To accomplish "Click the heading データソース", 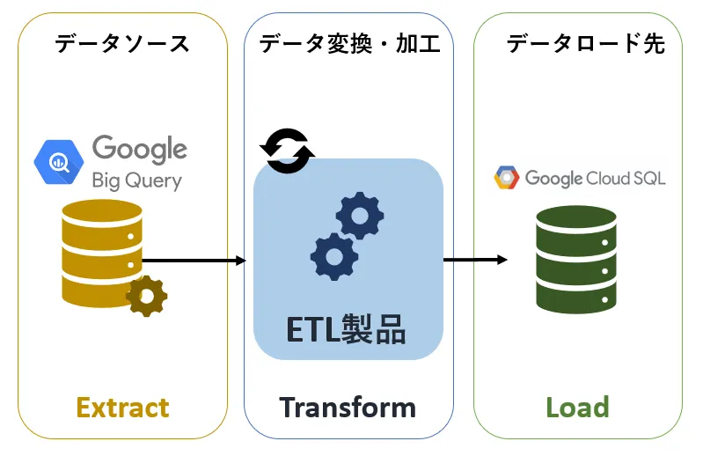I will click(x=121, y=43).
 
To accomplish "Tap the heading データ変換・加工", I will click(x=349, y=43).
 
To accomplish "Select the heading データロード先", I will click(x=585, y=43).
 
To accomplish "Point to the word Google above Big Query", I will click(x=139, y=149).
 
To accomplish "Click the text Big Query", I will click(x=136, y=180).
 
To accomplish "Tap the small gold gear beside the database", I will click(x=145, y=296).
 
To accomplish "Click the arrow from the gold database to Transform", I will click(x=194, y=261).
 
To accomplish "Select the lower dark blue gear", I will click(x=334, y=257).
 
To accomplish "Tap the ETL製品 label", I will click(x=347, y=329).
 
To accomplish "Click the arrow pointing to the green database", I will click(x=475, y=260).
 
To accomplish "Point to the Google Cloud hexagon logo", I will click(x=507, y=179).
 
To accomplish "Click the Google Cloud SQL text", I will click(x=595, y=179).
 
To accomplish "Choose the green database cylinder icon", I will click(x=575, y=257).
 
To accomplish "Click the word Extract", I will click(x=122, y=408).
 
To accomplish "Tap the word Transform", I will click(x=348, y=408).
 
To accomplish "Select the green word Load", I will click(x=577, y=408).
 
